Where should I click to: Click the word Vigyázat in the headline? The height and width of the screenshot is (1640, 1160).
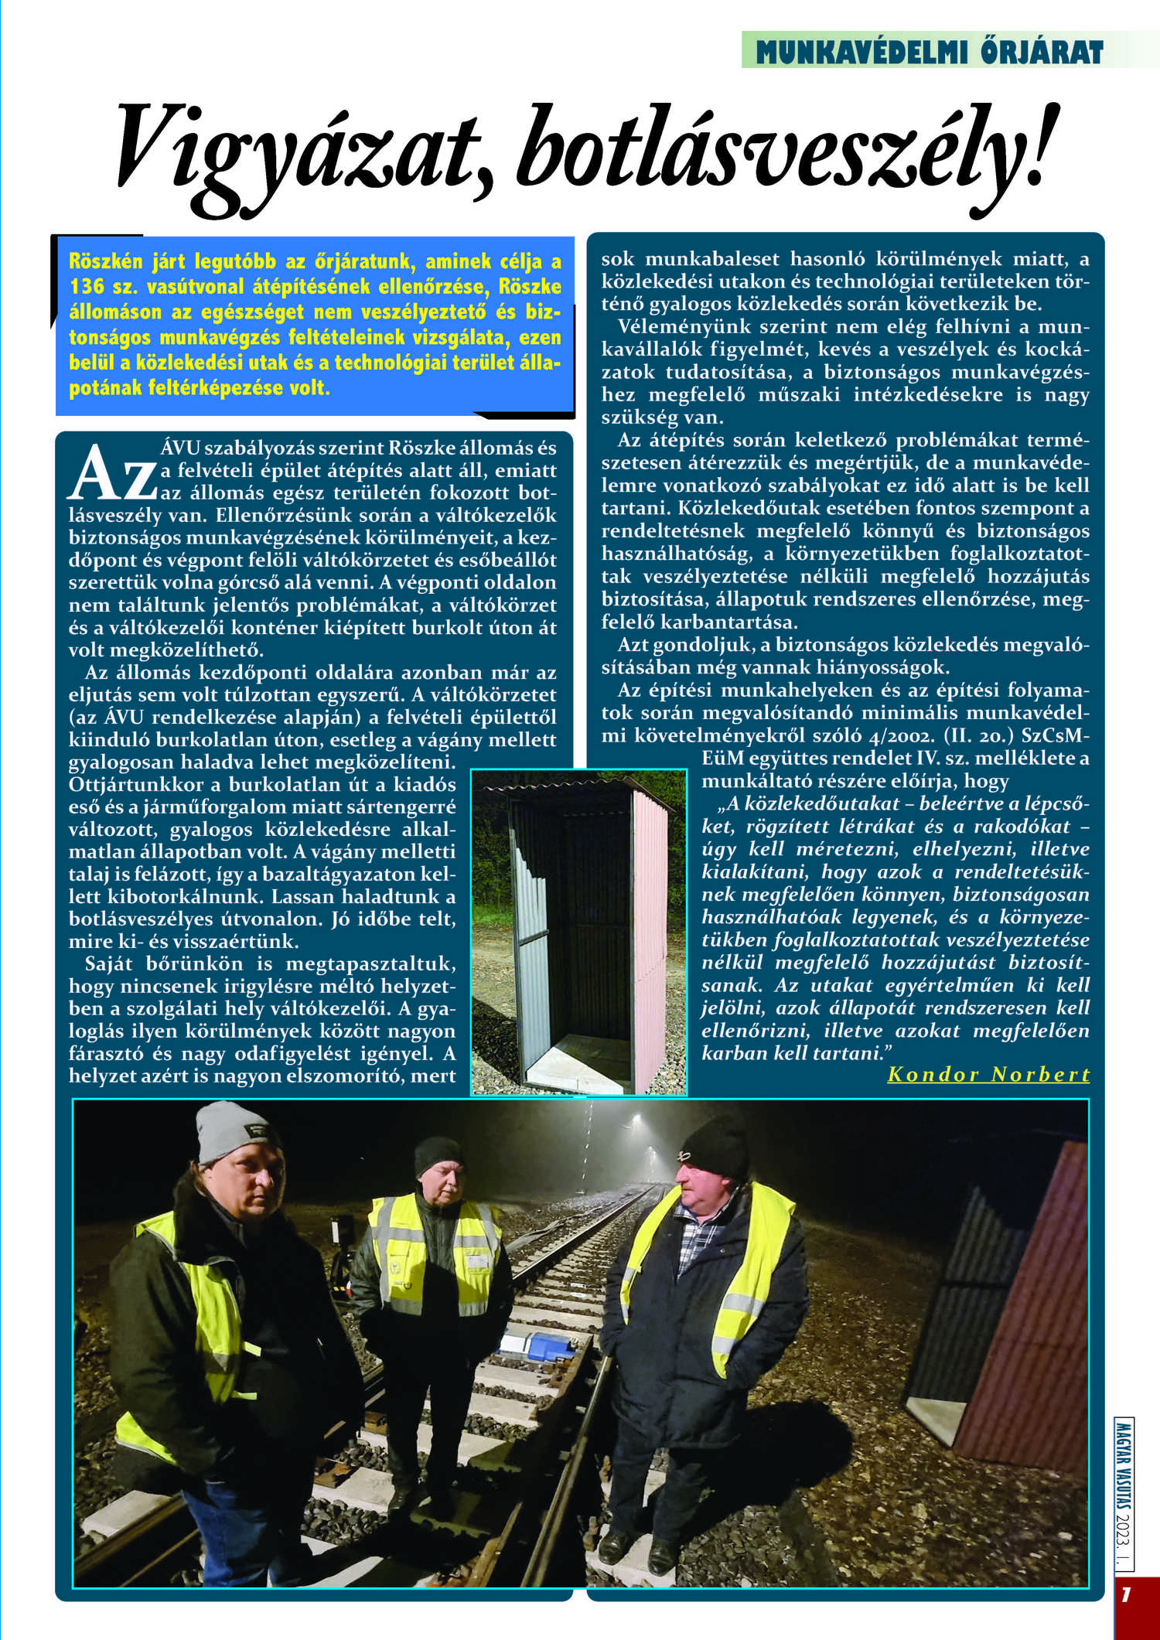(294, 151)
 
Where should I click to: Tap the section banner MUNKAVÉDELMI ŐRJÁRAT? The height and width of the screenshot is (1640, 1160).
(929, 52)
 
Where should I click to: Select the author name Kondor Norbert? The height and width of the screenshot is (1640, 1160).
(988, 1075)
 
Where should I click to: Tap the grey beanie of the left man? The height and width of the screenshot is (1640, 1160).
(232, 1133)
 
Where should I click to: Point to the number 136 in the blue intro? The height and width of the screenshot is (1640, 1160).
(87, 286)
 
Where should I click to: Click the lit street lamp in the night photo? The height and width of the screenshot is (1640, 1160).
(637, 1119)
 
